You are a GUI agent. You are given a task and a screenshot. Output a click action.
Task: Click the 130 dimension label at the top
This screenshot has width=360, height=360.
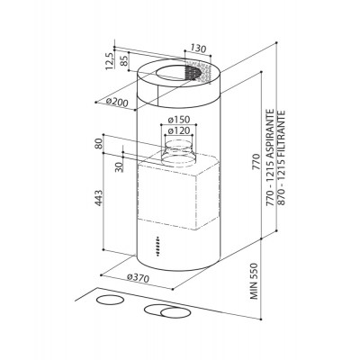pyautogui.click(x=198, y=49)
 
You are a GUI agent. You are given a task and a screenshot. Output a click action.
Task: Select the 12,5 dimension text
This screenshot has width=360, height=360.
pyautogui.click(x=110, y=61)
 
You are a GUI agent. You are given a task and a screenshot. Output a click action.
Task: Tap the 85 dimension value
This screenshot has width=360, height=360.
pyautogui.click(x=124, y=61)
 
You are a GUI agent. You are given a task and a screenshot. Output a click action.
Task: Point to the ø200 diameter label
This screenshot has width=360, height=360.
pyautogui.click(x=117, y=103)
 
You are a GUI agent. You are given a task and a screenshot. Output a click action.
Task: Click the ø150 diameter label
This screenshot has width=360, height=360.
pyautogui.click(x=179, y=120)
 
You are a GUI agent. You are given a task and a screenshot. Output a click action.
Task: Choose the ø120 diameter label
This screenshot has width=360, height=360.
pyautogui.click(x=179, y=130)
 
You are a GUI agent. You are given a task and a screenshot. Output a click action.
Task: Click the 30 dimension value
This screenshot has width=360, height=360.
pyautogui.click(x=120, y=166)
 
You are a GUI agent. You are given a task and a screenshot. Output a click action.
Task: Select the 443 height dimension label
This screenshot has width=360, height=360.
pyautogui.click(x=99, y=198)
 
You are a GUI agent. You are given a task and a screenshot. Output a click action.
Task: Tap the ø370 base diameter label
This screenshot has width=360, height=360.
pyautogui.click(x=138, y=278)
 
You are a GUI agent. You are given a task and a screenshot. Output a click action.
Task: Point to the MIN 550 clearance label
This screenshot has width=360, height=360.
pyautogui.click(x=255, y=281)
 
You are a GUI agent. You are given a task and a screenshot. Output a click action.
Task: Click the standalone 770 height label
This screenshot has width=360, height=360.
pyautogui.click(x=256, y=162)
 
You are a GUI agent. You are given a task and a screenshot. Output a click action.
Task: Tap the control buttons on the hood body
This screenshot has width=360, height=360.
pyautogui.click(x=157, y=246)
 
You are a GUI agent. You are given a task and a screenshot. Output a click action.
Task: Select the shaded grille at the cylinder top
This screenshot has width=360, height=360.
pyautogui.click(x=197, y=72)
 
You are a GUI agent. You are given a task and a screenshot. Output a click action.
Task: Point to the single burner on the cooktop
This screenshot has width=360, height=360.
pyautogui.click(x=110, y=301)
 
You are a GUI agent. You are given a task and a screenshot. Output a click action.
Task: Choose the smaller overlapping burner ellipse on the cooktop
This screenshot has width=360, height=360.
pyautogui.click(x=175, y=313)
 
